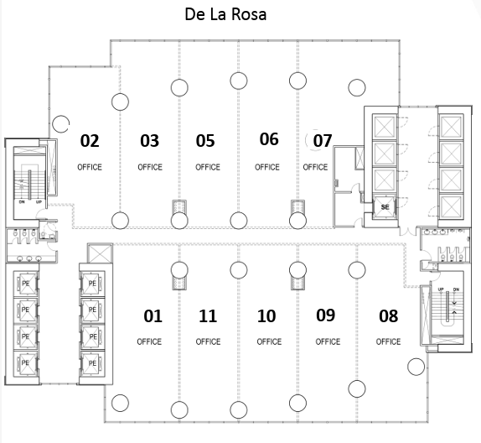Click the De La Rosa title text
(x=225, y=14)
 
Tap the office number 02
(x=90, y=141)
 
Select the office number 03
(x=150, y=141)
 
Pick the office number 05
(x=205, y=141)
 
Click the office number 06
(x=269, y=139)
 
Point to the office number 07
(x=323, y=141)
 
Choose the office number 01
(x=153, y=316)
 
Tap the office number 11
(x=208, y=316)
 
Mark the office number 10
(x=266, y=316)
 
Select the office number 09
(x=325, y=315)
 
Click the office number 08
(x=388, y=316)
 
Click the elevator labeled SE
(x=385, y=207)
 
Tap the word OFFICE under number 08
(x=388, y=341)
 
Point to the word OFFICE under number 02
(x=90, y=167)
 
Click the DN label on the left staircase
(x=22, y=202)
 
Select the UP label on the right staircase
(x=441, y=289)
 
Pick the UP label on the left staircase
(x=39, y=202)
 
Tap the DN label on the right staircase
(x=456, y=289)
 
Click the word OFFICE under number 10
(x=269, y=341)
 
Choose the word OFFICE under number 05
(x=208, y=167)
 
